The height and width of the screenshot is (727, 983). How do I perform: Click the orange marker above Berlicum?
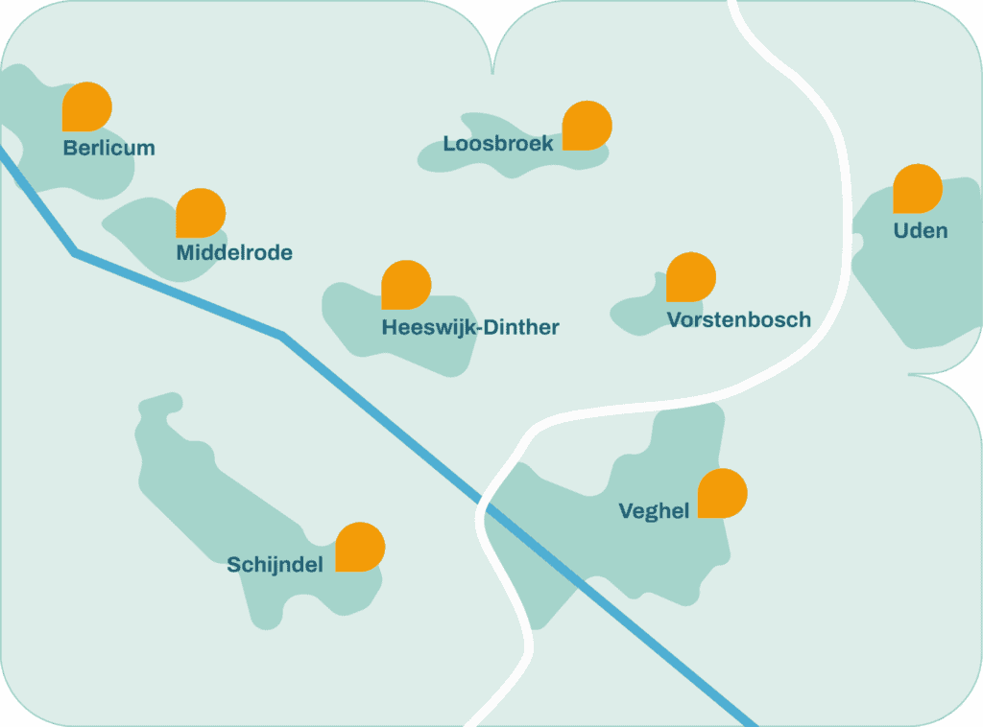[86, 106]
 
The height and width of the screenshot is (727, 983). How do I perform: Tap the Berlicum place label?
[108, 149]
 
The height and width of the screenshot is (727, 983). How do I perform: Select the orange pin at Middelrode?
[200, 213]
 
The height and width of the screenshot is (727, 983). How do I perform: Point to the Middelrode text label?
[234, 253]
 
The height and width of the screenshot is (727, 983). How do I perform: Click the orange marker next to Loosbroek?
[587, 126]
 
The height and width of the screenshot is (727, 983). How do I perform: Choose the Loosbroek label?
[498, 144]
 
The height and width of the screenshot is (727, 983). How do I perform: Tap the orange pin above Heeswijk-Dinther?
[406, 284]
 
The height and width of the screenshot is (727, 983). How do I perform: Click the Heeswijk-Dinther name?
[470, 328]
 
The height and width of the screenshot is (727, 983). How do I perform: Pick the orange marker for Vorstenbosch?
[691, 277]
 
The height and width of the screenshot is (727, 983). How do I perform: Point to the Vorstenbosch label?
[738, 320]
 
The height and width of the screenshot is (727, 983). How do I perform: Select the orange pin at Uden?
[918, 189]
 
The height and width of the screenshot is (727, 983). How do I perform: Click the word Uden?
[920, 231]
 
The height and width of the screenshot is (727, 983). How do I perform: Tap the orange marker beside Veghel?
[722, 493]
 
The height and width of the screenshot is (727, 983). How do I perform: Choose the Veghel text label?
[654, 511]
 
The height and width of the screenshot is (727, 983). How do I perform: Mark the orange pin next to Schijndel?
[360, 547]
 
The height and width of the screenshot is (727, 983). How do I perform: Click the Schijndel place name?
[275, 565]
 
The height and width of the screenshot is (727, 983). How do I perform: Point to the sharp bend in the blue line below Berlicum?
[76, 253]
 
